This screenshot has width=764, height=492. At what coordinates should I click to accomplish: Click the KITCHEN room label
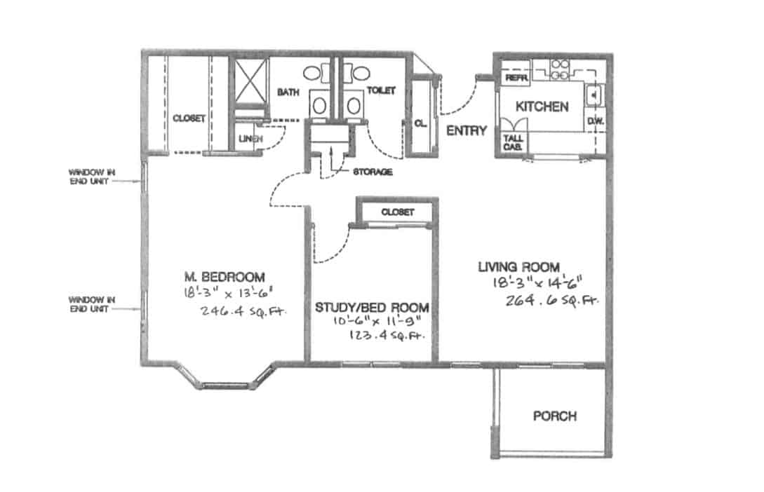[542, 107]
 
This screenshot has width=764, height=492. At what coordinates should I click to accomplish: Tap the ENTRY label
[466, 130]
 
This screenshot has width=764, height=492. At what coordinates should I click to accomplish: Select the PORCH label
[555, 416]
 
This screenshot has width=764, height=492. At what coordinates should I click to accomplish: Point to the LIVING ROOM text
[518, 267]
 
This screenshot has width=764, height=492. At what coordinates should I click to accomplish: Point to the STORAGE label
[373, 171]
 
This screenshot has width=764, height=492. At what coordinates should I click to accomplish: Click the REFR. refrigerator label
[516, 78]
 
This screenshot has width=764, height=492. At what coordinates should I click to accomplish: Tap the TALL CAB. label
[512, 142]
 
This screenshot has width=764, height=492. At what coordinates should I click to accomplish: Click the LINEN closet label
[250, 139]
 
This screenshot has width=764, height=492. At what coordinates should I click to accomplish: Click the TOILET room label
[381, 91]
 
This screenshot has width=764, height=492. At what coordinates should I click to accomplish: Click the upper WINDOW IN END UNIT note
[89, 176]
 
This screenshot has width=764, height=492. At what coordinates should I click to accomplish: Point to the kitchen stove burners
[559, 67]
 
